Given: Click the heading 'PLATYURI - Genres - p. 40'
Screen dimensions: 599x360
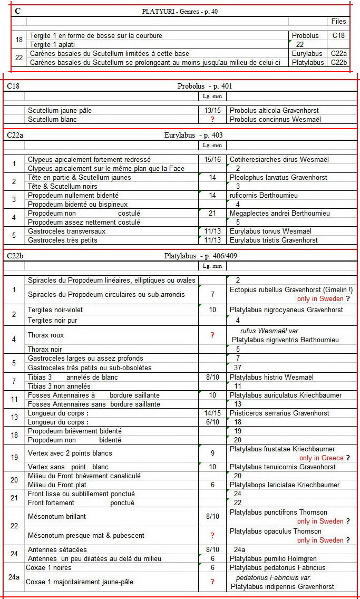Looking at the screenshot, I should click(179, 11).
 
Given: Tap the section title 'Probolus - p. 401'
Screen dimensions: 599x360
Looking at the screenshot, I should click(205, 86).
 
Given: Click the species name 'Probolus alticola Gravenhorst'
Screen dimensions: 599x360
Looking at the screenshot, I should click(274, 111).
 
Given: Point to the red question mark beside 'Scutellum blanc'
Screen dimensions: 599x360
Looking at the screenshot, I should click(212, 119).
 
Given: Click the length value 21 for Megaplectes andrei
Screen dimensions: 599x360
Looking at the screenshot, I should click(212, 213).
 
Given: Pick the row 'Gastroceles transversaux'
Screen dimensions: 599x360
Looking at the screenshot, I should click(67, 231).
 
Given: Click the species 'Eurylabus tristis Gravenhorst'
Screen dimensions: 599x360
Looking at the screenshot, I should click(274, 240).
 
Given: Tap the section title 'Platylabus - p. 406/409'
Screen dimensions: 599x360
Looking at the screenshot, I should click(204, 256).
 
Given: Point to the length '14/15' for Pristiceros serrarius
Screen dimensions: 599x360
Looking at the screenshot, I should click(212, 413).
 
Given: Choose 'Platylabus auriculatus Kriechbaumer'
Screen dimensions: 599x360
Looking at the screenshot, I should click(286, 395).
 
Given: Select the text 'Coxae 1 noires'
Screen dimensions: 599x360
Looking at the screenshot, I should click(50, 567).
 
